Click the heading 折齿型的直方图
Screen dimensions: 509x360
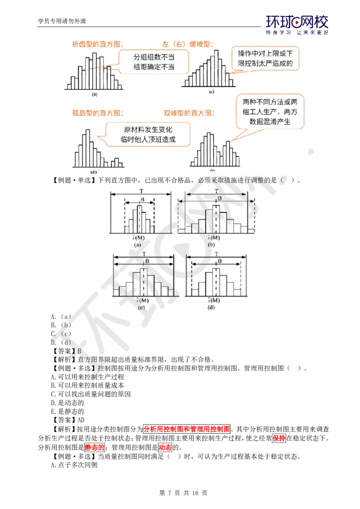pyautogui.click(x=97, y=44)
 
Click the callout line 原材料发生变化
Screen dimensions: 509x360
pyautogui.click(x=148, y=129)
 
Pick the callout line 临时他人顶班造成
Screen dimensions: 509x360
pyautogui.click(x=148, y=139)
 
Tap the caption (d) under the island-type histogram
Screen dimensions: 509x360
pyautogui.click(x=94, y=172)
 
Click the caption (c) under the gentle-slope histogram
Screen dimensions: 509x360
pyautogui.click(x=211, y=92)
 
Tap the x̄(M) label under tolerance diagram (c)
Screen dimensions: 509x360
pyautogui.click(x=143, y=300)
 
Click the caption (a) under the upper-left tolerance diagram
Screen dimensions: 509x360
pyautogui.click(x=138, y=245)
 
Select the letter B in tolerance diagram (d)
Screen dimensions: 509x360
pyautogui.click(x=220, y=261)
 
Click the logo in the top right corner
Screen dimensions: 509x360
pyautogui.click(x=297, y=25)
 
